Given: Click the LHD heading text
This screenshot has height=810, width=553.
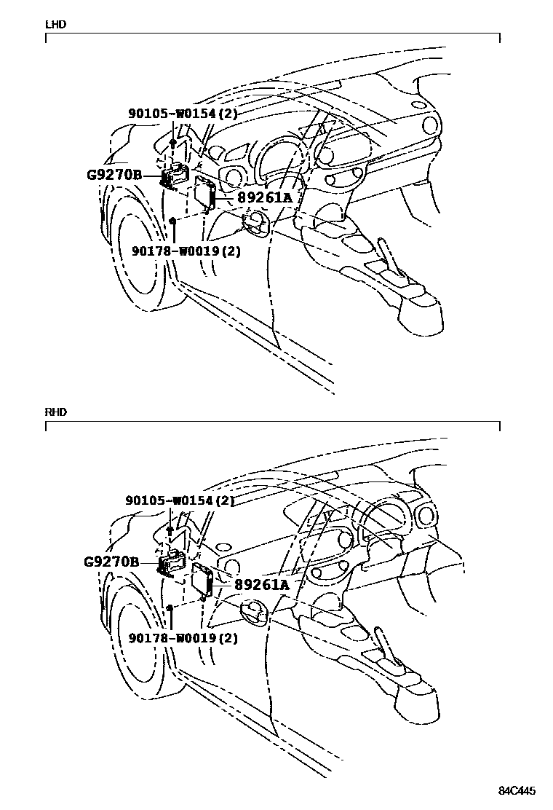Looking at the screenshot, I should (x=55, y=24).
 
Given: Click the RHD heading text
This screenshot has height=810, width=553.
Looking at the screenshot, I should (x=56, y=412).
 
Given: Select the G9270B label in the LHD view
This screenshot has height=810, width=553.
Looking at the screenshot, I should (x=114, y=176).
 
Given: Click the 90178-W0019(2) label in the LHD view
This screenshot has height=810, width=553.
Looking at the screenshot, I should (x=186, y=251).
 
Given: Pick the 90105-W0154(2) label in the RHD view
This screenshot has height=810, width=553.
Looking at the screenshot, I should (x=180, y=501).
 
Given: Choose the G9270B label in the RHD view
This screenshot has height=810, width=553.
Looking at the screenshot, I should (x=111, y=562).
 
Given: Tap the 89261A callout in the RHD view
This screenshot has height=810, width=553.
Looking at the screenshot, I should (x=261, y=584).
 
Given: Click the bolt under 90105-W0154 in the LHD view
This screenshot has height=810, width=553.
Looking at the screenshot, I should (x=172, y=143).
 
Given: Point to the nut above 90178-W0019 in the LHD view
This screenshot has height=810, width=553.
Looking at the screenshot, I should (x=172, y=220).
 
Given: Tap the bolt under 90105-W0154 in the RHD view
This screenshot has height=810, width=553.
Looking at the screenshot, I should (x=169, y=530).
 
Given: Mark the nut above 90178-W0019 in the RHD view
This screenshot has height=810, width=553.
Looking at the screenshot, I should (x=169, y=607).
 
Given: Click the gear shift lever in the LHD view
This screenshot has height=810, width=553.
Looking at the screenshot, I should (x=389, y=254).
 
